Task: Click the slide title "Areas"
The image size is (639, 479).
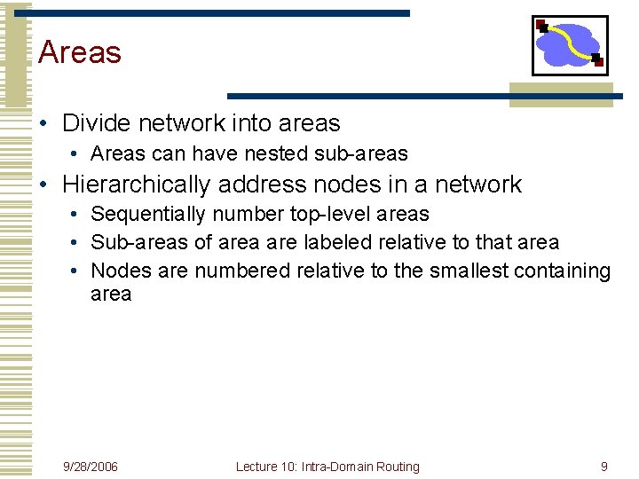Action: [80, 52]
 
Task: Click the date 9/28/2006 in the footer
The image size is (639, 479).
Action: [90, 467]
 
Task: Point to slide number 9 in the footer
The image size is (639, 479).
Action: [604, 467]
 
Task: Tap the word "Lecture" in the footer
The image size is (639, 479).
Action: [257, 467]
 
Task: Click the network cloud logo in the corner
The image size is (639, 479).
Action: [569, 44]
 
